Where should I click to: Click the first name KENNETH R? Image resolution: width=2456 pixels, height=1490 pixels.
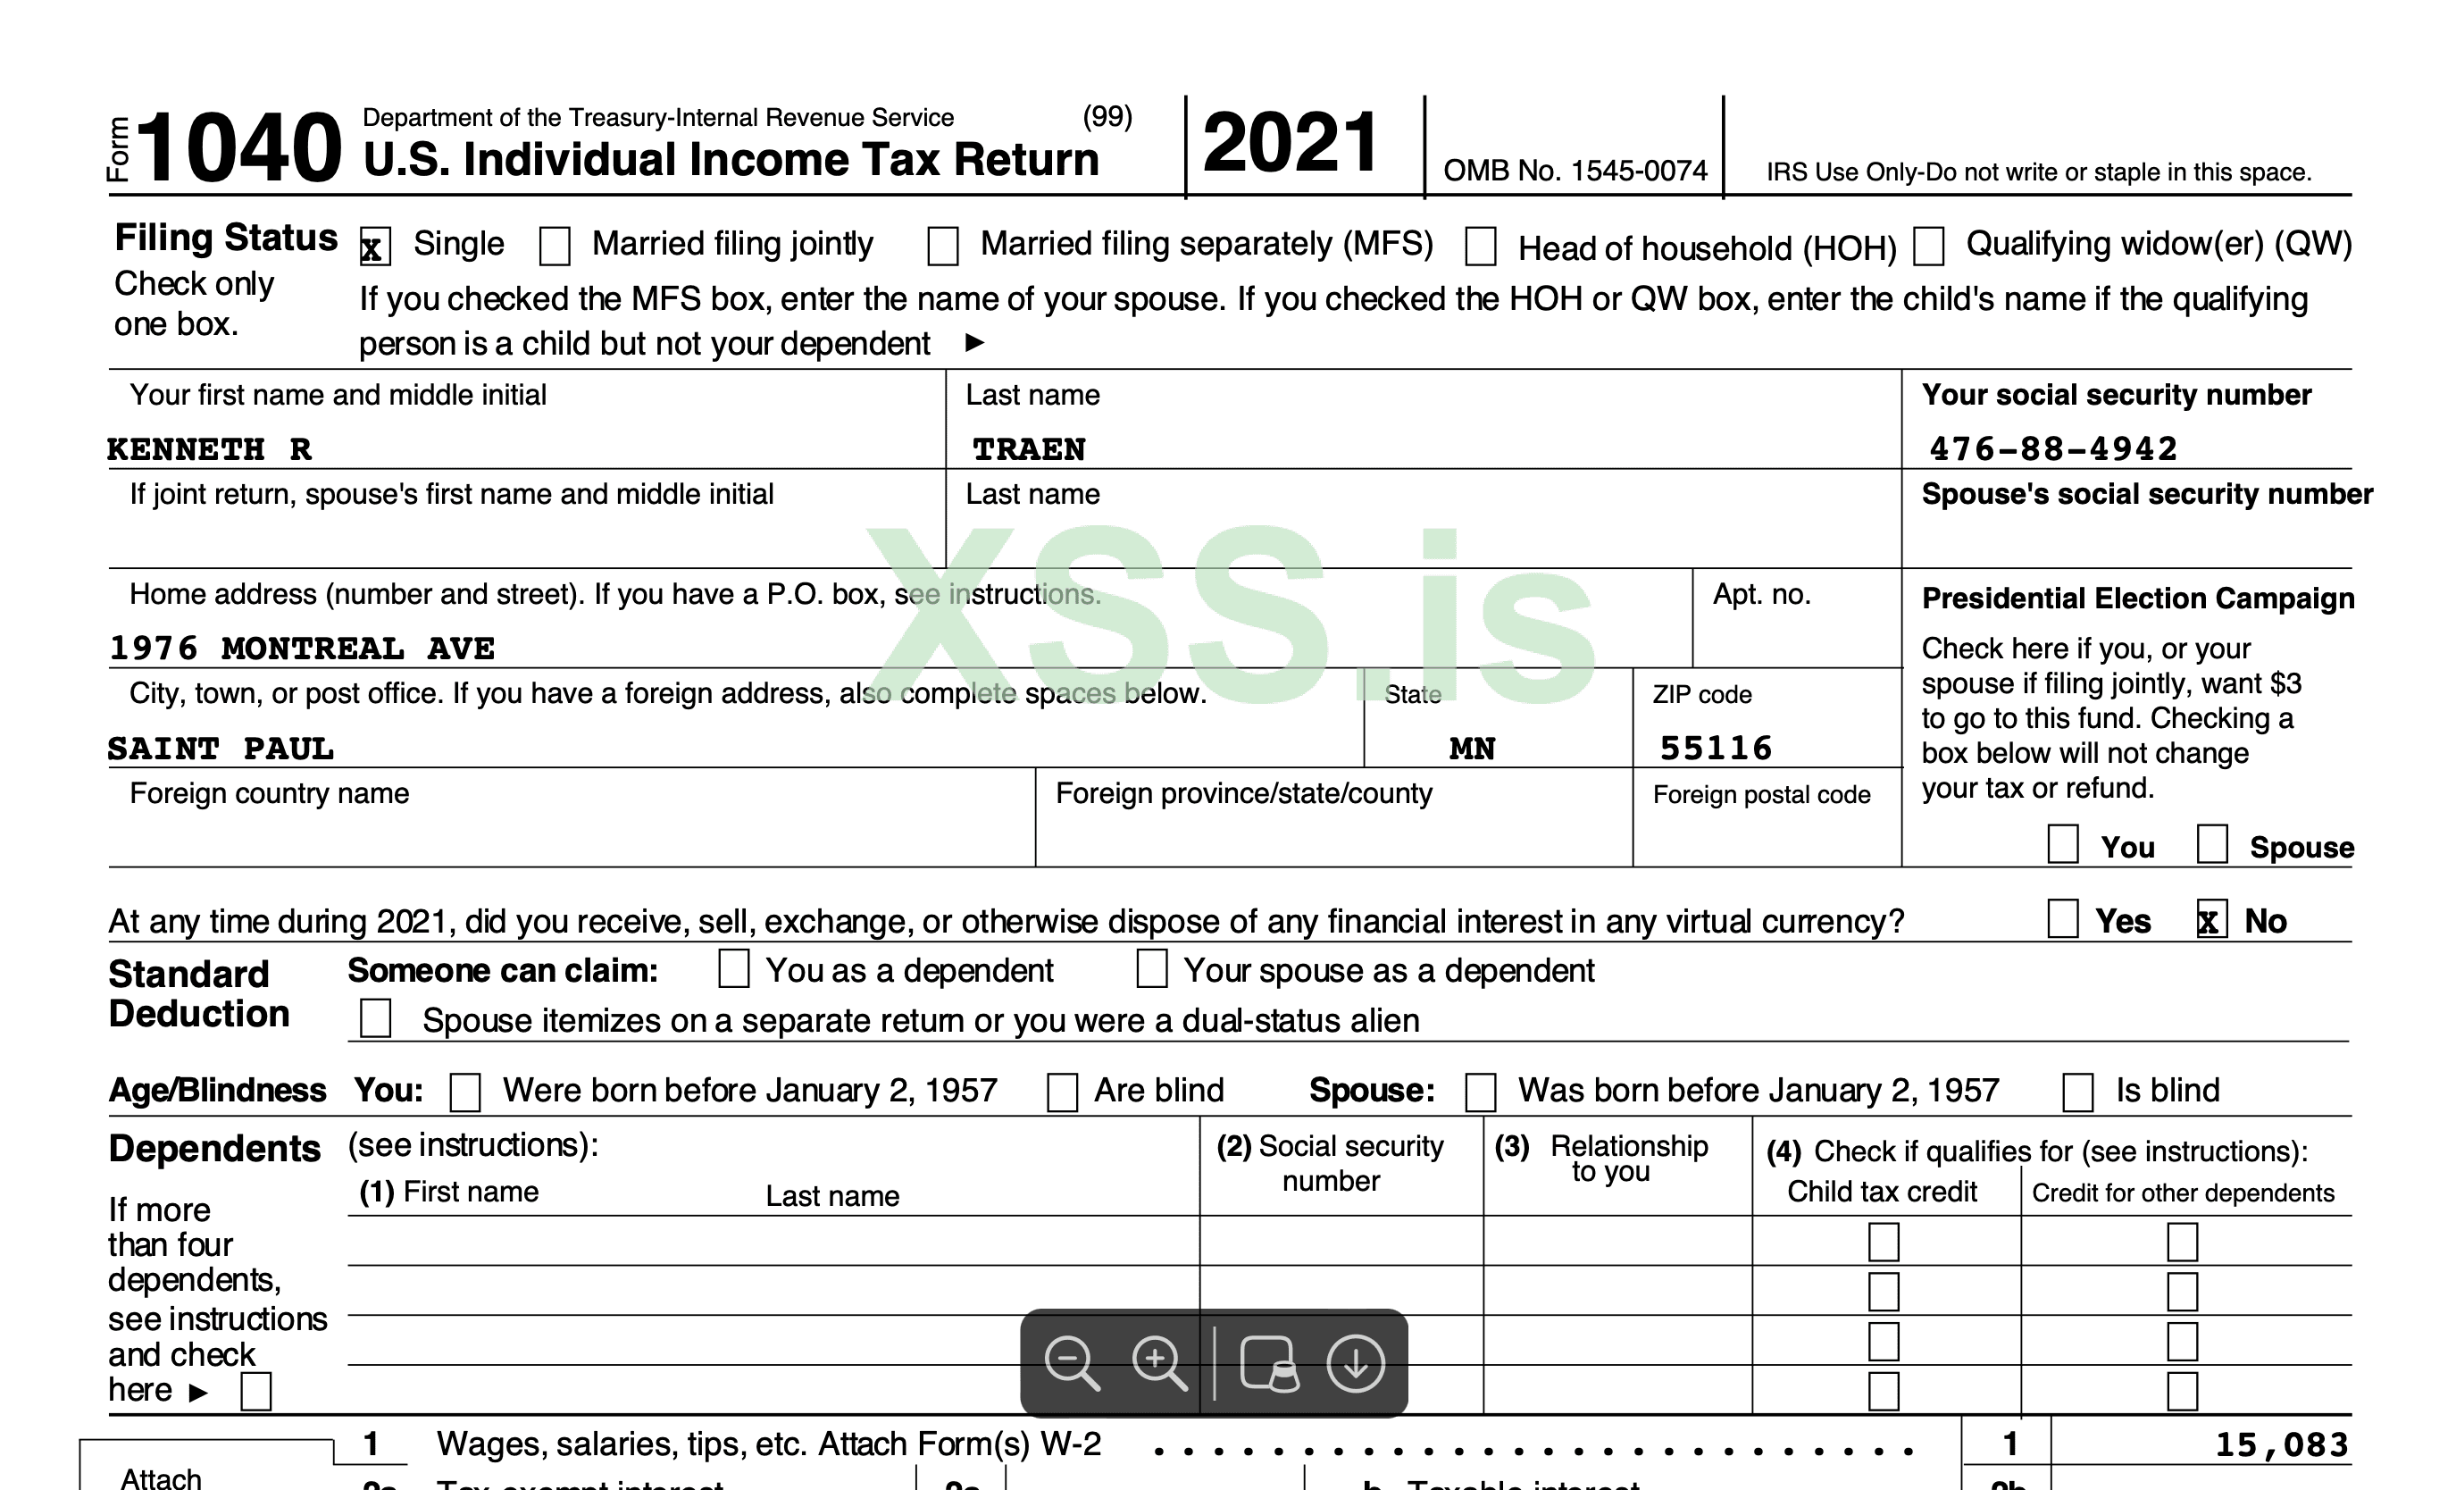pos(209,449)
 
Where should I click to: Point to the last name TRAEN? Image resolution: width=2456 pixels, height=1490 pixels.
pos(1029,449)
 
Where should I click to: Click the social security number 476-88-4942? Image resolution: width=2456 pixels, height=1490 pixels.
pos(2053,449)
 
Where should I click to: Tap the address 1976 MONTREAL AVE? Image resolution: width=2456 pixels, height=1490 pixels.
pos(301,649)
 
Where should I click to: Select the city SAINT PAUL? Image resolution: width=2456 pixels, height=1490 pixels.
pos(221,749)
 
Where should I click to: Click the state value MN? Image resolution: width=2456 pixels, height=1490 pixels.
pos(1472,749)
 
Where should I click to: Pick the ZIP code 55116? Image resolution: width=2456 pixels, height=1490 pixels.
pos(1716,749)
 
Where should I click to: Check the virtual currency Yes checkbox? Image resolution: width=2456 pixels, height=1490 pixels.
pos(2062,919)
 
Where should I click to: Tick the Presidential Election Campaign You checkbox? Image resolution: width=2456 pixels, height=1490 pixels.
pos(2062,844)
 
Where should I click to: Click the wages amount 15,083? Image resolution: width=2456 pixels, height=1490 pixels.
pos(2281,1445)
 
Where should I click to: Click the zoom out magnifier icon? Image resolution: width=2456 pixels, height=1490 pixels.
pos(1072,1362)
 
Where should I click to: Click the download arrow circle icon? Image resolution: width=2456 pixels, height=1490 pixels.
pos(1356,1362)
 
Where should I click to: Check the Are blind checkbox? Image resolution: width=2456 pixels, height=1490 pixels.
pos(1062,1092)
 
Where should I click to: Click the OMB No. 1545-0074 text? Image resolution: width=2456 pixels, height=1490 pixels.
pos(1575,172)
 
